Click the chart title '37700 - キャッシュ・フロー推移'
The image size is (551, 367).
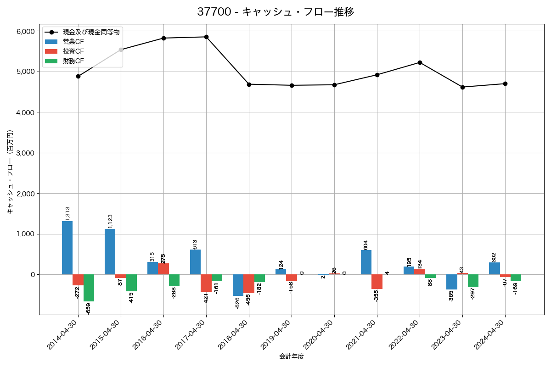(275, 12)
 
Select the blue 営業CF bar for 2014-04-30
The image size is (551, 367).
(67, 248)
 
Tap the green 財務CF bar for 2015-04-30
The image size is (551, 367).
(131, 283)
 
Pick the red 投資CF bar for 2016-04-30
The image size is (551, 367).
(163, 269)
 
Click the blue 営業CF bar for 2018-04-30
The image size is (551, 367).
(238, 285)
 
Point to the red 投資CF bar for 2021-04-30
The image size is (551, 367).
(377, 282)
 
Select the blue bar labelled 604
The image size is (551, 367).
(366, 262)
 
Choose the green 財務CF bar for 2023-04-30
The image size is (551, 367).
(473, 280)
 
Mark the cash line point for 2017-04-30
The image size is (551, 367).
(206, 37)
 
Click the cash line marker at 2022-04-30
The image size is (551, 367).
(420, 62)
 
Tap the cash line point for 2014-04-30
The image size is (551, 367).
(78, 76)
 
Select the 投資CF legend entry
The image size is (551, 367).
(73, 51)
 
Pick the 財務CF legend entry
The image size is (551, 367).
(73, 61)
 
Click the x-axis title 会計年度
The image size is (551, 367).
(292, 356)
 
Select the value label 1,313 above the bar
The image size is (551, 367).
(67, 213)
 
